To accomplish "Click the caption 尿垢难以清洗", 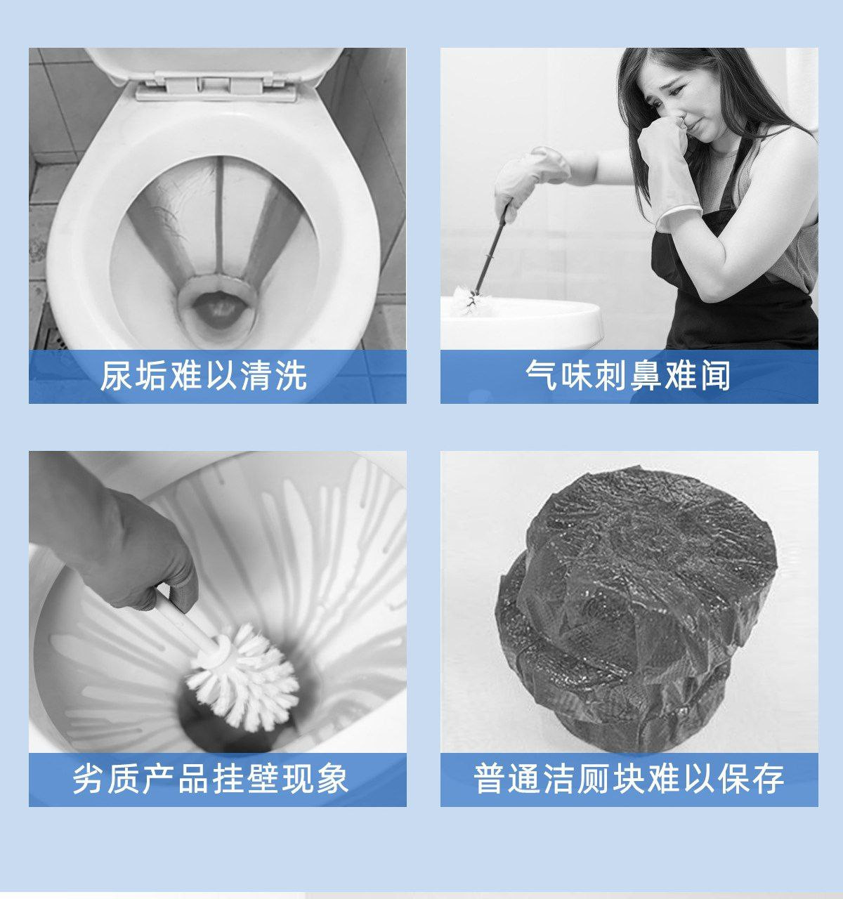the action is [204, 376].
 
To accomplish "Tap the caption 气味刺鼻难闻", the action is [628, 376].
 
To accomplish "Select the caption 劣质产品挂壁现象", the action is [211, 779].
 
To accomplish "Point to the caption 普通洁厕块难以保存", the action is [629, 779].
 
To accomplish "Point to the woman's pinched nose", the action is [683, 122].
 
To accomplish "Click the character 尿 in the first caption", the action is [117, 376].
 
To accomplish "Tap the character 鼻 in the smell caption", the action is [645, 376].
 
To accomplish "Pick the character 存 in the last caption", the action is [769, 779].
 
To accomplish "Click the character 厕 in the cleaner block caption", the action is [594, 779].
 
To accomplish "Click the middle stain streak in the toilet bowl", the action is [219, 217].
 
